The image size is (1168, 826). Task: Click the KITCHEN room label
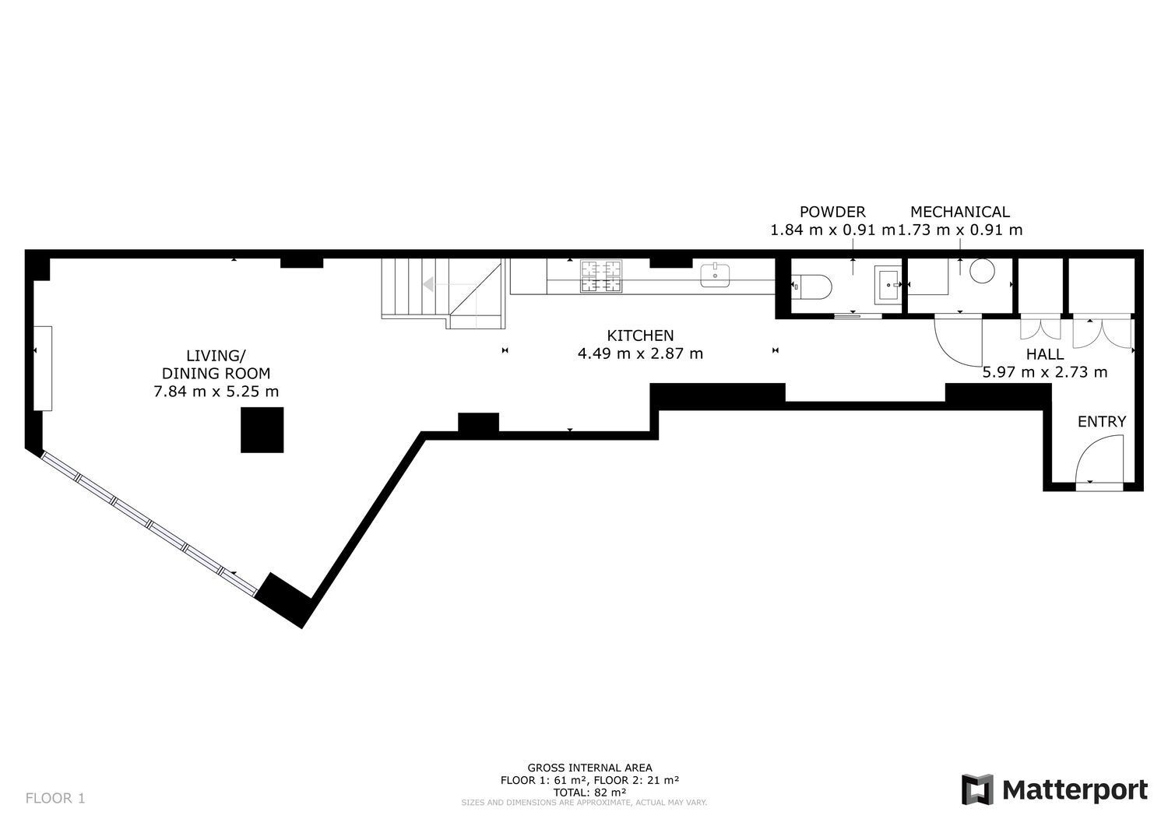(x=640, y=336)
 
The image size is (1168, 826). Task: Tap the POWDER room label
(x=832, y=212)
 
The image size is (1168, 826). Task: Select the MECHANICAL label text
(x=960, y=212)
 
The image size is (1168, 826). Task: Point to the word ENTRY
(x=1102, y=421)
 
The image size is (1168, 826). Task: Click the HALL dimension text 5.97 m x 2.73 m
(x=1045, y=372)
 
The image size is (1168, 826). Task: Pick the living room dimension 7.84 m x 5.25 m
(x=216, y=391)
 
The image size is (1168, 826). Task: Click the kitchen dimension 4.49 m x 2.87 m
(x=640, y=353)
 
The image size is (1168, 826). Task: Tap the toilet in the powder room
(x=811, y=286)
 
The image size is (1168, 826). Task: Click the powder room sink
(x=888, y=285)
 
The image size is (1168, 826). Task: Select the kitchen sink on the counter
(x=715, y=275)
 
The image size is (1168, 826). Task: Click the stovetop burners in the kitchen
(x=601, y=276)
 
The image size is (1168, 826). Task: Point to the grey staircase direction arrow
(x=428, y=284)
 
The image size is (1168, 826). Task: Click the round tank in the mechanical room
(x=982, y=271)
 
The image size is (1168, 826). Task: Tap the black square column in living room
(x=262, y=430)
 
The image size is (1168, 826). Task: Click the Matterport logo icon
(x=977, y=789)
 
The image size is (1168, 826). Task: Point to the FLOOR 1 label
(x=55, y=798)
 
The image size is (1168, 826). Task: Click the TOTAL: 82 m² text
(x=589, y=793)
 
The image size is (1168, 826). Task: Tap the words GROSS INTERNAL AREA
(x=589, y=768)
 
